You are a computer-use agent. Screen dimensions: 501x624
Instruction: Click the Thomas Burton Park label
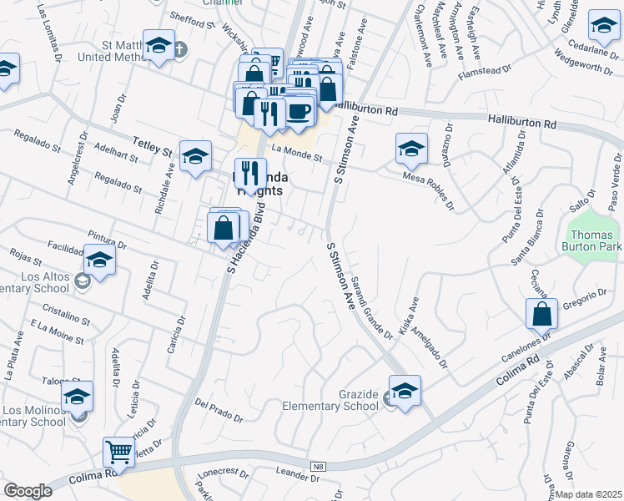coord(594,240)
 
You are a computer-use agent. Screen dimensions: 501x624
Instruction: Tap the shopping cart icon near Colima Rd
coord(119,453)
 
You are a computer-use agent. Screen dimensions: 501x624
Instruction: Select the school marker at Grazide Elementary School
coord(405,391)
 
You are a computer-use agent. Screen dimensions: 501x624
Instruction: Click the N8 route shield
coord(318,466)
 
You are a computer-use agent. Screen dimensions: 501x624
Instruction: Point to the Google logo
coord(28,491)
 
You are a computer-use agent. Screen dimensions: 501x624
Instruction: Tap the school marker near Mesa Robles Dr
coord(410,149)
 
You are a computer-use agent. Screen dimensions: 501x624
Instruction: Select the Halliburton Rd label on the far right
coord(522,123)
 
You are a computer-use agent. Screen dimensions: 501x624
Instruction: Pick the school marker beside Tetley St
coord(195,155)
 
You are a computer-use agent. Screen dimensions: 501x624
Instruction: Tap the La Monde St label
coord(298,152)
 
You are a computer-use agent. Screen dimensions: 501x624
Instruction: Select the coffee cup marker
coord(299,111)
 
